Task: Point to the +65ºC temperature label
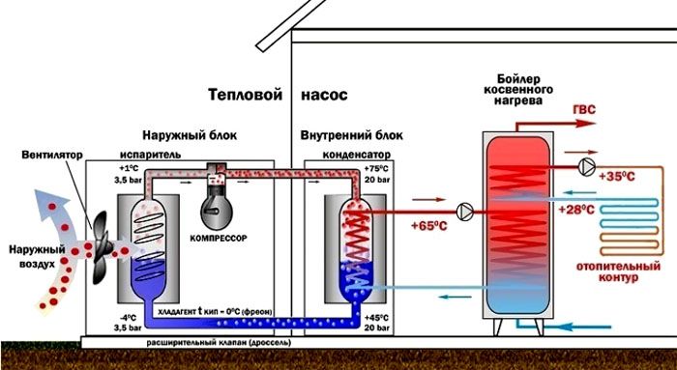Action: point(420,227)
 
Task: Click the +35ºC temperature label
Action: point(617,177)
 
